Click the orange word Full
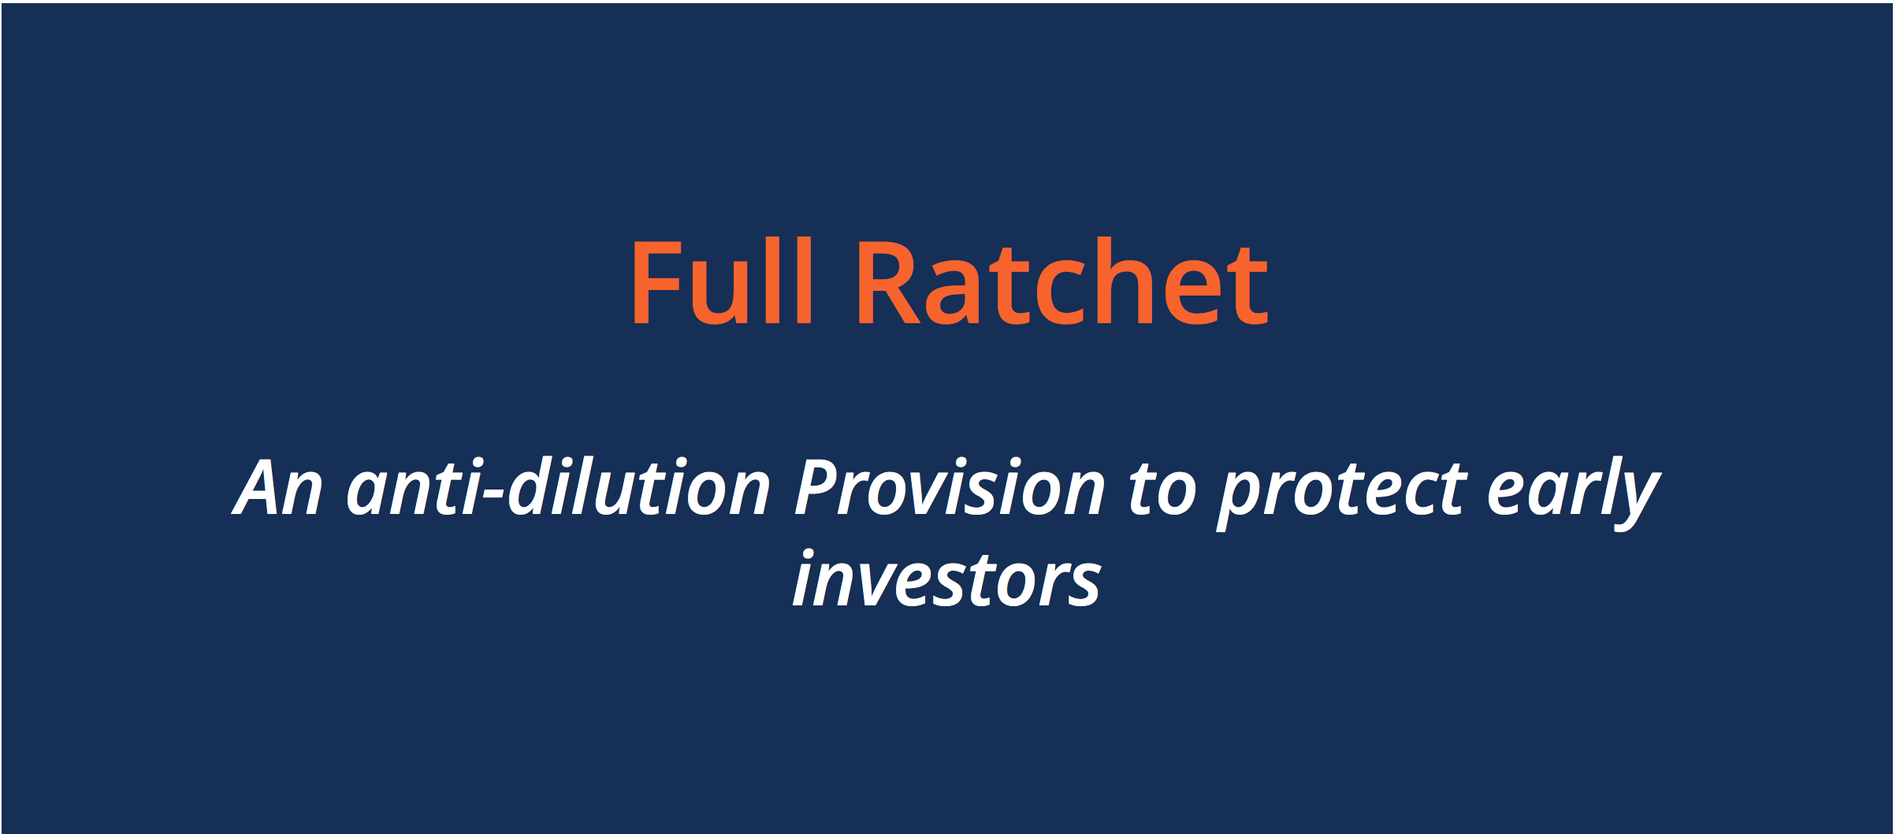(721, 281)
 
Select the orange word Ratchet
(1062, 281)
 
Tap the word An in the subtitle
(278, 488)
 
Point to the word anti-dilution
(558, 488)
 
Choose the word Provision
(950, 488)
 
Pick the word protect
(1342, 492)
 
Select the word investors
(946, 580)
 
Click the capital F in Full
(656, 281)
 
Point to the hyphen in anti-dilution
(493, 497)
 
